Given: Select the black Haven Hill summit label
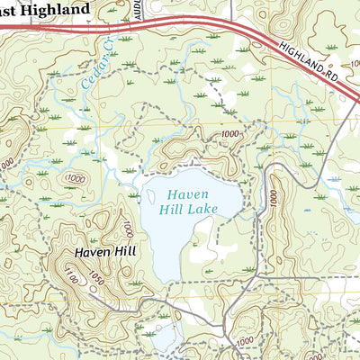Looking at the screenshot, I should [104, 252].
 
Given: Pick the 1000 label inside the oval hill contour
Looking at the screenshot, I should [76, 178].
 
